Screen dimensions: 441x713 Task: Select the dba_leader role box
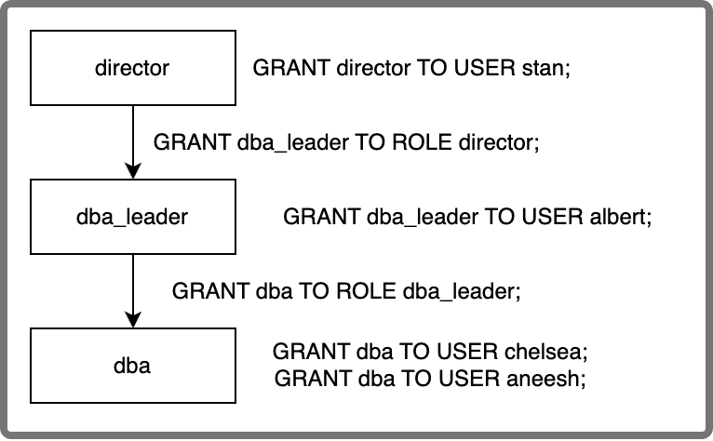click(133, 218)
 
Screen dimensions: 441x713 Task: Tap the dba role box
click(133, 365)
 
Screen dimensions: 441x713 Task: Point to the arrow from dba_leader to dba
click(133, 289)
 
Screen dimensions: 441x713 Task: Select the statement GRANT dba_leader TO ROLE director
click(347, 143)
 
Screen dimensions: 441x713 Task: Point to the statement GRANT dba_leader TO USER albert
click(467, 218)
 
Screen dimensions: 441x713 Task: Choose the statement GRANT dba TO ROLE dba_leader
click(345, 289)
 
